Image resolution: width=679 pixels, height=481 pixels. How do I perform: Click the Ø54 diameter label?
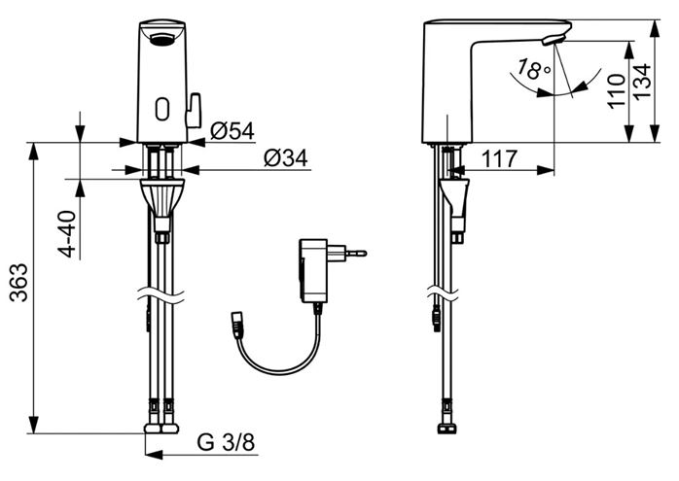[x=232, y=131]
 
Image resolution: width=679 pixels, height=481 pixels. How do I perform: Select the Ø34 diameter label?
[x=286, y=158]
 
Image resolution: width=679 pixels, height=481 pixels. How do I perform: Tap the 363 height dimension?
[x=19, y=283]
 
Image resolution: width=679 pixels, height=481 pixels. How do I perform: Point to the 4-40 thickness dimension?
[x=67, y=234]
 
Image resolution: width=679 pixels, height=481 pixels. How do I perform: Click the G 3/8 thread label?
[x=226, y=442]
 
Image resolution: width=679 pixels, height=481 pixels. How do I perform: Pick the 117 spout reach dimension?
[x=499, y=158]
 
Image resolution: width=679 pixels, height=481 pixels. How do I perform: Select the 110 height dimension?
[x=616, y=91]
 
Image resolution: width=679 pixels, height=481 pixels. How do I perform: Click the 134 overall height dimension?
[x=642, y=83]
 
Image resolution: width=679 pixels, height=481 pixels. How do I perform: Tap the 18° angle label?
[x=534, y=69]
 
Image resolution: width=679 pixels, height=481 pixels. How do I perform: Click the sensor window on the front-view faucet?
[x=162, y=109]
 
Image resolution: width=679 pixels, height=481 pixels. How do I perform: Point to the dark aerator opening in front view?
[x=162, y=41]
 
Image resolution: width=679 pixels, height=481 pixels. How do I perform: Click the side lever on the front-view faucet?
[x=194, y=111]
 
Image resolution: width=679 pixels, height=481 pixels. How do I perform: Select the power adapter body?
[x=313, y=270]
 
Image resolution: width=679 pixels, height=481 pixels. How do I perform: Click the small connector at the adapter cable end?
[x=237, y=324]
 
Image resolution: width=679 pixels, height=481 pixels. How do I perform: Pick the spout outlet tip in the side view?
[x=553, y=40]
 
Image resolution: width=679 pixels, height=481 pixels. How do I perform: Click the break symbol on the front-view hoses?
[x=161, y=295]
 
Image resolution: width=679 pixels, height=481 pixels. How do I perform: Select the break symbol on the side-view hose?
[x=443, y=294]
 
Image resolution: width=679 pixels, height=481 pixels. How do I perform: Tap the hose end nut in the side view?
[x=447, y=429]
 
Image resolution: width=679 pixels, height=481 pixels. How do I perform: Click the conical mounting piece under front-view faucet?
[x=162, y=197]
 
